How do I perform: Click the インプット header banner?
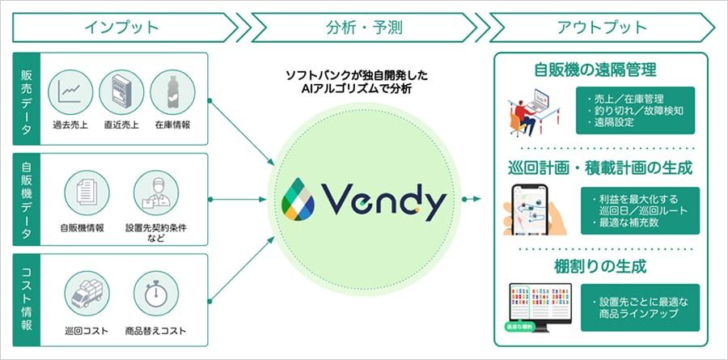pos(121,27)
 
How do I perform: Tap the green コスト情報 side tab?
pos(28,300)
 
